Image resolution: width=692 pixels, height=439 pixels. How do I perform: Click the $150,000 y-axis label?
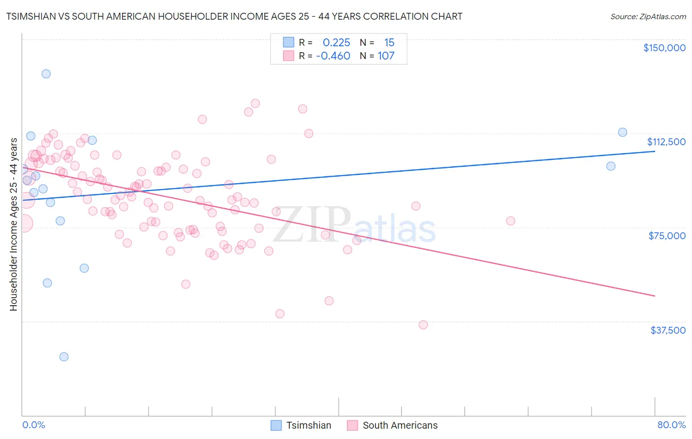664,48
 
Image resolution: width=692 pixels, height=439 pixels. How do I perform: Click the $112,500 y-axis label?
666,142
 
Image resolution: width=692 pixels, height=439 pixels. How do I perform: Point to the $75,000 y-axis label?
667,236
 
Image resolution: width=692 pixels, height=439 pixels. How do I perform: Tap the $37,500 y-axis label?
668,330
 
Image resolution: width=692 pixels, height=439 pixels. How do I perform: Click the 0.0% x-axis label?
33,425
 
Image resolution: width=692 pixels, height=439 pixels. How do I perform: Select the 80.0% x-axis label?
671,425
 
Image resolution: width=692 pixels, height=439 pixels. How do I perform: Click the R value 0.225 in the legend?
336,43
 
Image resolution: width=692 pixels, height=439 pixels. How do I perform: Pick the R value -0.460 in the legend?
333,56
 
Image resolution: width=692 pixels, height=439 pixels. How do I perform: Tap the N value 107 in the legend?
386,56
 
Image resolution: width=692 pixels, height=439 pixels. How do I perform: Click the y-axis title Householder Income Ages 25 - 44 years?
13,224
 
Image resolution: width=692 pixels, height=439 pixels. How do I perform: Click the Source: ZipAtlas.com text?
648,17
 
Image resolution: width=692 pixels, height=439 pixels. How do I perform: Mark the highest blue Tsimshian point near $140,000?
46,74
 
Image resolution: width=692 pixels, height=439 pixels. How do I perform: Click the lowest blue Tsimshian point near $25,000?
64,357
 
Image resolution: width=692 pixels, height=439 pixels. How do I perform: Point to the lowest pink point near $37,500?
423,325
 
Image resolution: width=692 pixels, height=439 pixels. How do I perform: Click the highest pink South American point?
255,103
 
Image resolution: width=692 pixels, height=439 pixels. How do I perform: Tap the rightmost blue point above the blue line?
623,132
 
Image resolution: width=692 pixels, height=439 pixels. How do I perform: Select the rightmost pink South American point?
510,221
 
